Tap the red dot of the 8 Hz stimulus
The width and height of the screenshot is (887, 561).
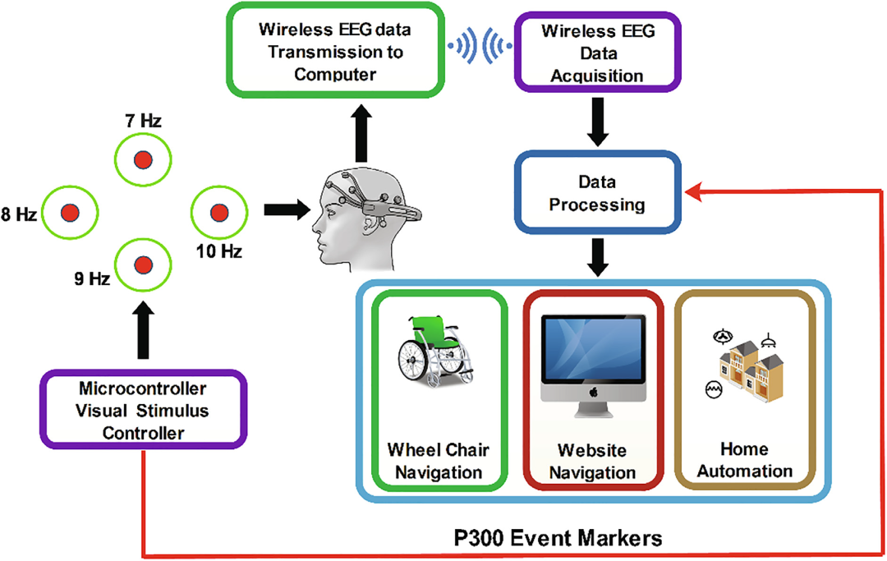click(x=70, y=214)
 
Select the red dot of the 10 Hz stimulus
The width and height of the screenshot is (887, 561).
click(x=218, y=214)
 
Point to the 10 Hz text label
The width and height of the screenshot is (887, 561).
click(x=218, y=251)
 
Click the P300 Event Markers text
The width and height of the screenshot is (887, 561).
click(x=558, y=539)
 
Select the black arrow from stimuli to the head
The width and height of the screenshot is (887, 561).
click(x=282, y=210)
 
